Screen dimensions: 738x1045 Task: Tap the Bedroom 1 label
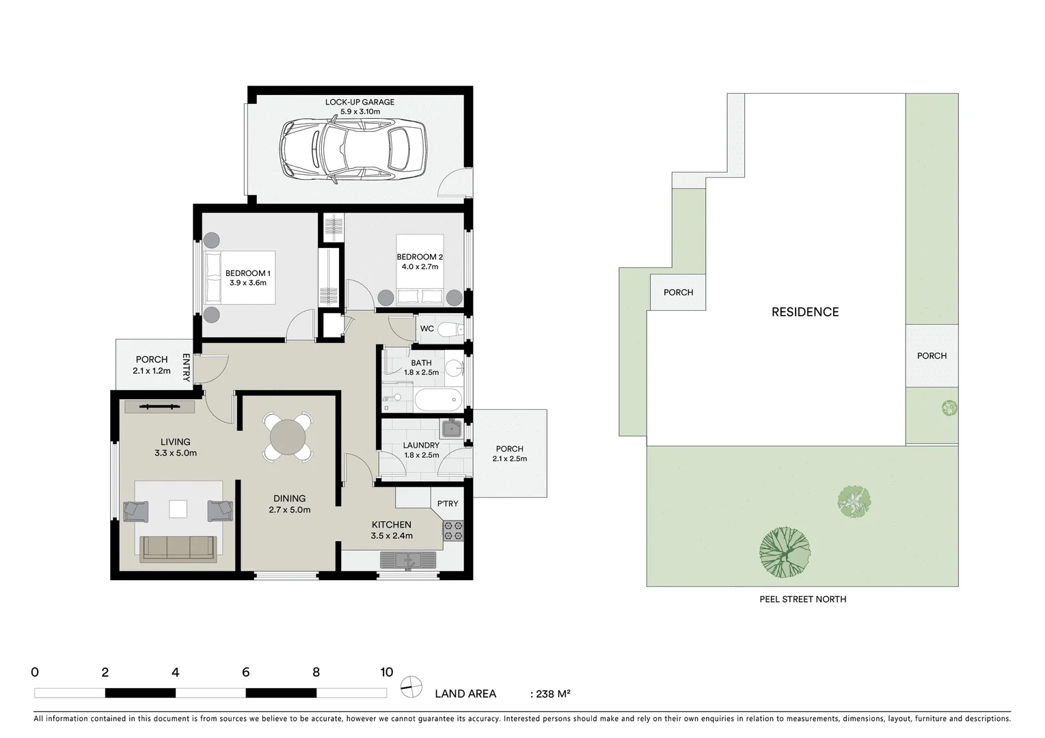(x=247, y=273)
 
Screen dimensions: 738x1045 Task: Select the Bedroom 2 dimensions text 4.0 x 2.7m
(x=420, y=266)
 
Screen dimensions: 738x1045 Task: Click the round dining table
(x=288, y=436)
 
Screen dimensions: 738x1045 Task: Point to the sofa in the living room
(x=178, y=548)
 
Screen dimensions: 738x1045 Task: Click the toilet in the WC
(x=448, y=330)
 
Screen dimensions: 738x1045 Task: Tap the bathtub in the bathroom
(x=438, y=400)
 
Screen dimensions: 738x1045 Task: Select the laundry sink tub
(x=452, y=429)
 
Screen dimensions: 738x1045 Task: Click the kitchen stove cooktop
(x=453, y=530)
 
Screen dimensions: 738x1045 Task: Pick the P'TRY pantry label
(x=448, y=504)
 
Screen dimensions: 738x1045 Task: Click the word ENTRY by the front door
(x=186, y=367)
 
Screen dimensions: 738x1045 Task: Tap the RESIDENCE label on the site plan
(x=804, y=312)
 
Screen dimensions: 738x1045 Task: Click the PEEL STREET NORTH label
(x=802, y=599)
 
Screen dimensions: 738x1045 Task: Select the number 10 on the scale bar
(x=386, y=672)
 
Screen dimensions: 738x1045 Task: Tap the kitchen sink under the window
(x=409, y=560)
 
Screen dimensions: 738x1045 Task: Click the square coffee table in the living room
(x=178, y=510)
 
